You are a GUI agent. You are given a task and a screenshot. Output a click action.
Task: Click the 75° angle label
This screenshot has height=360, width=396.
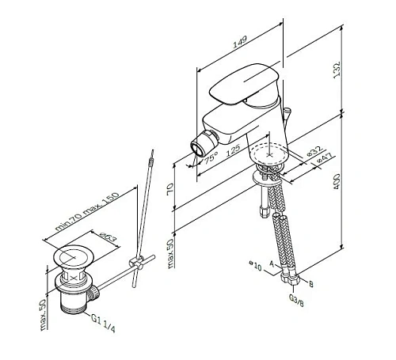click(x=210, y=159)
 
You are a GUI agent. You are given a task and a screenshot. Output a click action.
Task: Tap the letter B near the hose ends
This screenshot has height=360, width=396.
click(x=310, y=282)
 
